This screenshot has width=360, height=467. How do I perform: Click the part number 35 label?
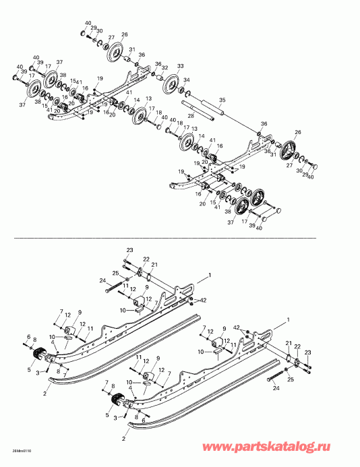click(222, 100)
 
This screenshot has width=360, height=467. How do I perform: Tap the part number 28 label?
click(190, 117)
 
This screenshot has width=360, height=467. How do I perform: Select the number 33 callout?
click(180, 66)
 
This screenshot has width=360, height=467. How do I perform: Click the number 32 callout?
click(164, 68)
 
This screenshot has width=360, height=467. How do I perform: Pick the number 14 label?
click(137, 100)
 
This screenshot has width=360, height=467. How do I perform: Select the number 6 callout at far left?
click(28, 337)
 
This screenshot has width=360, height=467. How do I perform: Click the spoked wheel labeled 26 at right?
click(291, 149)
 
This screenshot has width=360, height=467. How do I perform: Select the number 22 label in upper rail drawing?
click(146, 259)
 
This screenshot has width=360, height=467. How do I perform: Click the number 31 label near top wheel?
click(132, 49)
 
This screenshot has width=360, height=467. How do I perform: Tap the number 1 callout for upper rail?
click(210, 275)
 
